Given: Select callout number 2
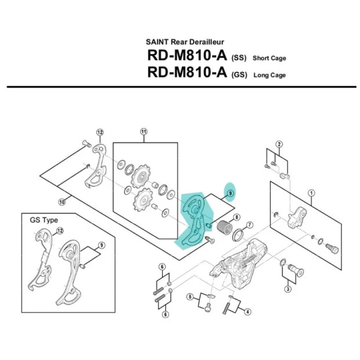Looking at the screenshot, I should (279, 144).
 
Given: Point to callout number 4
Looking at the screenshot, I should (248, 312).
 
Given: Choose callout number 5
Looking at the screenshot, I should (189, 297).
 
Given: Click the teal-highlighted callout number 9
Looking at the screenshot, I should (230, 193).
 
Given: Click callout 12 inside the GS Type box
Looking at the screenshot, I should (59, 232).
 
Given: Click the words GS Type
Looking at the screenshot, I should (44, 221).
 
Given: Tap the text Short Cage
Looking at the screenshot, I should (269, 59).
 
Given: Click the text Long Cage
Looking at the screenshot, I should (269, 75).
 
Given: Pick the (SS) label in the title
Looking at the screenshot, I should (239, 59).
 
